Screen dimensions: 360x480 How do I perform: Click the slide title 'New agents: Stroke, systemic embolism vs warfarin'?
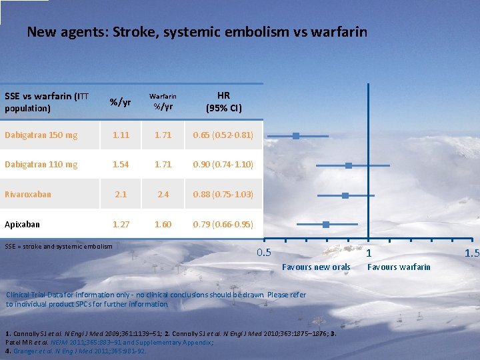[197, 31]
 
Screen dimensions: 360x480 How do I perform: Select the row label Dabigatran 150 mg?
[41, 135]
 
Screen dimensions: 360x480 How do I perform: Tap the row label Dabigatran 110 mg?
[41, 164]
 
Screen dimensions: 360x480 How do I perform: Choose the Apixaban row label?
[22, 225]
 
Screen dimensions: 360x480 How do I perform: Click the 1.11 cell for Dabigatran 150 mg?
[121, 135]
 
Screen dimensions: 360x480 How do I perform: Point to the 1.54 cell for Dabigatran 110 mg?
[121, 164]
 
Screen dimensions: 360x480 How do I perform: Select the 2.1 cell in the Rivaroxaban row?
[121, 195]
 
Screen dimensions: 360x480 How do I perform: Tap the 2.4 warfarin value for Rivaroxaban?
[163, 195]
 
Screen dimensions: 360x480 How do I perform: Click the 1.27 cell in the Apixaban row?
[121, 225]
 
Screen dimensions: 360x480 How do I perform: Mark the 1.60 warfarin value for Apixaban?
[163, 225]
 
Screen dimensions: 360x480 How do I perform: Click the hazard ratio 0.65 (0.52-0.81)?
[223, 135]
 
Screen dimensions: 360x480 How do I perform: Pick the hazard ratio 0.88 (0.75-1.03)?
[223, 195]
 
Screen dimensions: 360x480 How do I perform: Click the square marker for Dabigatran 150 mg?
[296, 135]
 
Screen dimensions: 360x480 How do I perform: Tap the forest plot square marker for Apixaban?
[325, 225]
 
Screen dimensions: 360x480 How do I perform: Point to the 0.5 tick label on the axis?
[264, 253]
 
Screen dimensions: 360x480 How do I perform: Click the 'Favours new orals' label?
[316, 267]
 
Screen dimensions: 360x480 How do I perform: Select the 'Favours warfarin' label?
[399, 267]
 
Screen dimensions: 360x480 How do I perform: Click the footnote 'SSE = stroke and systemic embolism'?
[59, 247]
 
